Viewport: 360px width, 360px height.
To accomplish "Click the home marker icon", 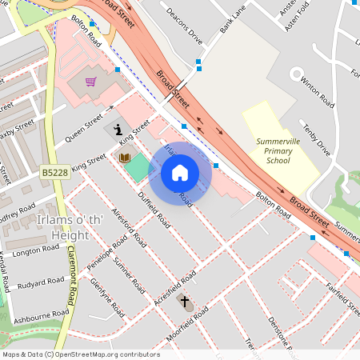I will (180, 173).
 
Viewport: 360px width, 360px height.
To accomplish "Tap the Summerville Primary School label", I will (278, 150).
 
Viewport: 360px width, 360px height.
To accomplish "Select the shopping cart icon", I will (90, 82).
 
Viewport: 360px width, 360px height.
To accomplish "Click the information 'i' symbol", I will (118, 129).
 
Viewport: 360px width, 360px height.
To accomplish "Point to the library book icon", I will (125, 158).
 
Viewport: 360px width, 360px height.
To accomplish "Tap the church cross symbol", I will (185, 302).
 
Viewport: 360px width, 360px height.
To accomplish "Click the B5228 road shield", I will (54, 171).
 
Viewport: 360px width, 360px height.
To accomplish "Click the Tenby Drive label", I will (314, 138).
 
